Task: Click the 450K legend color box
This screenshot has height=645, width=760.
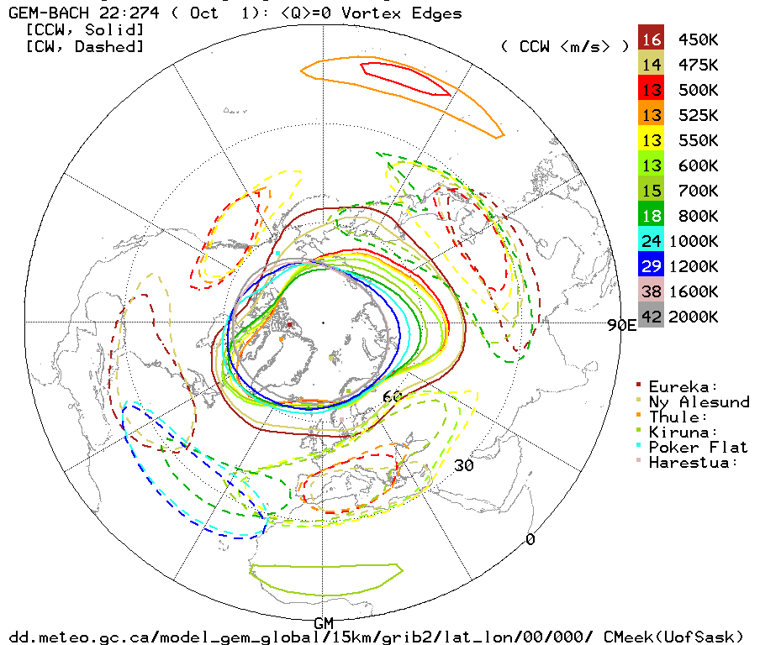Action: coord(652,39)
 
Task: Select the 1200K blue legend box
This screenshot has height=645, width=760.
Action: coord(652,266)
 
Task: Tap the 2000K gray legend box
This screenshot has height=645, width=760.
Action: coord(652,317)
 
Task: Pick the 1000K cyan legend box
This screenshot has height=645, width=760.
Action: coord(652,241)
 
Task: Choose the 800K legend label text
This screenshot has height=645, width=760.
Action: coord(694,216)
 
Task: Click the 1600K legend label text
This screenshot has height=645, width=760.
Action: coord(694,291)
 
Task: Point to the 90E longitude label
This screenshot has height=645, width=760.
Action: coord(622,325)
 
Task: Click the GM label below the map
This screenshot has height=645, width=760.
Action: coord(324,622)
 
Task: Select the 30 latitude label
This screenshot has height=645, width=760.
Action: coord(465,465)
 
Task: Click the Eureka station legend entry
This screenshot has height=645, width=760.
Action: coord(683,386)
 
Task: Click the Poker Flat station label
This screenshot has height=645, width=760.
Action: coord(699,447)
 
